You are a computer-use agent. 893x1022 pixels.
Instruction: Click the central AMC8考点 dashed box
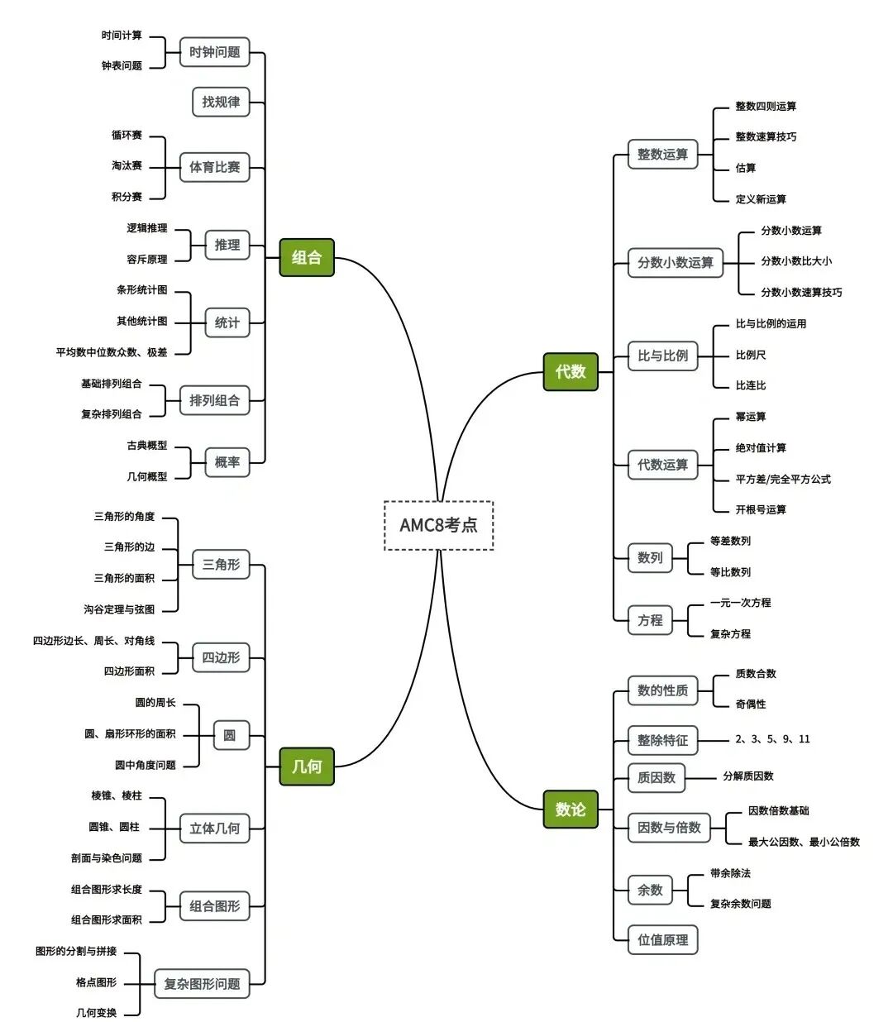pyautogui.click(x=438, y=525)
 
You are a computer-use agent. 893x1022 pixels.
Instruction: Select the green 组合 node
pyautogui.click(x=307, y=257)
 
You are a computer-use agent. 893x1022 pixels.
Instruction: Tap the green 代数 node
pyautogui.click(x=571, y=372)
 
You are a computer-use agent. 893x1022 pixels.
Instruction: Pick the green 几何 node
pyautogui.click(x=307, y=766)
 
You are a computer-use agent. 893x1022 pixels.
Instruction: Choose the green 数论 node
pyautogui.click(x=571, y=809)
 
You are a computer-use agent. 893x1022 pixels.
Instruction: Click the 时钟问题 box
pyautogui.click(x=215, y=52)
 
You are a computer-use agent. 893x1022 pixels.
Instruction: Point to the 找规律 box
pyautogui.click(x=221, y=102)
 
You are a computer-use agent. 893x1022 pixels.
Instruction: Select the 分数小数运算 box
pyautogui.click(x=675, y=262)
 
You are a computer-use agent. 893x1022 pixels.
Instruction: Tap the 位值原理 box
pyautogui.click(x=662, y=939)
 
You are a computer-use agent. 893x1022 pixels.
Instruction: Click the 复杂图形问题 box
pyautogui.click(x=202, y=984)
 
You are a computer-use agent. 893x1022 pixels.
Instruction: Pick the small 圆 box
pyautogui.click(x=230, y=735)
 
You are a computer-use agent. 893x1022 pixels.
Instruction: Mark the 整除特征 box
pyautogui.click(x=662, y=740)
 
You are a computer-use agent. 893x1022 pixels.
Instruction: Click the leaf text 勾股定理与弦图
pyautogui.click(x=119, y=609)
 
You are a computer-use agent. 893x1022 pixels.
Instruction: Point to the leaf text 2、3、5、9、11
pyautogui.click(x=772, y=739)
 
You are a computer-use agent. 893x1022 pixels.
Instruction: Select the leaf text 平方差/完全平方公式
pyautogui.click(x=783, y=479)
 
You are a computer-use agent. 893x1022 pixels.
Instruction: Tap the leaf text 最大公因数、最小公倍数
pyautogui.click(x=804, y=842)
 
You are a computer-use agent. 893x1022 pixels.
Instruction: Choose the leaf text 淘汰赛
pyautogui.click(x=127, y=165)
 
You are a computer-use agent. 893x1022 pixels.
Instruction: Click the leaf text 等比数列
pyautogui.click(x=730, y=572)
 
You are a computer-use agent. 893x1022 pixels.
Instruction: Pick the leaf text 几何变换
pyautogui.click(x=97, y=1013)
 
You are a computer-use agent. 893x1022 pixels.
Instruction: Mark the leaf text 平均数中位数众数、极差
pyautogui.click(x=112, y=352)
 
